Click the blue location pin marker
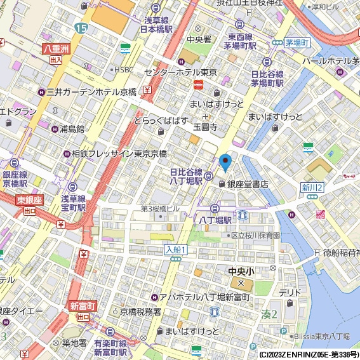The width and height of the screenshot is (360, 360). point(225,163)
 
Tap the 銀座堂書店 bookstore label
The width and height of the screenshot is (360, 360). point(243,184)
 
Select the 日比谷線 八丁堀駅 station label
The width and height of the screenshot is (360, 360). point(186,177)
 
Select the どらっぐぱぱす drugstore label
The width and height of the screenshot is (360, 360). point(160,121)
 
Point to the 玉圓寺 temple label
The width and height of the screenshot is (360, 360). point(205,126)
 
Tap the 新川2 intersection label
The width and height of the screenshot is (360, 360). point(312,187)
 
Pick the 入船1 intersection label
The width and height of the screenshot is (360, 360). point(175,250)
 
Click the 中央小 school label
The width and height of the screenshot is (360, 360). point(241,271)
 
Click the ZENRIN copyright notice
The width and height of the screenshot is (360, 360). point(309,354)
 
